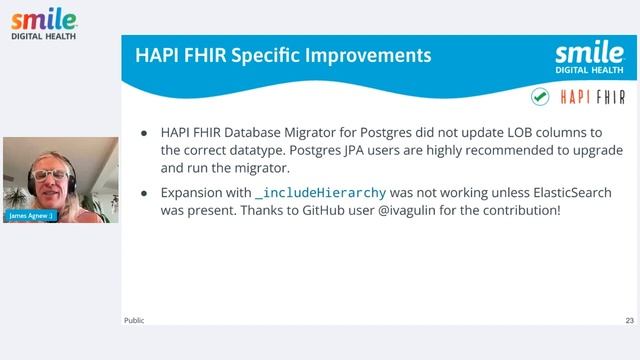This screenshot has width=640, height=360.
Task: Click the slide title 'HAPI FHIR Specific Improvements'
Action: point(283,55)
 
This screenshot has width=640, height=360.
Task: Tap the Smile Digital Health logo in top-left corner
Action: point(42,23)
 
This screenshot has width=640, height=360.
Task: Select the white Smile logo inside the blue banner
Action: point(589,58)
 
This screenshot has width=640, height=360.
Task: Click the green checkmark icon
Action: point(540,97)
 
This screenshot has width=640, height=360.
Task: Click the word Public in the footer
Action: point(134,320)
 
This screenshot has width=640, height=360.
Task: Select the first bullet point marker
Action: point(144,132)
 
